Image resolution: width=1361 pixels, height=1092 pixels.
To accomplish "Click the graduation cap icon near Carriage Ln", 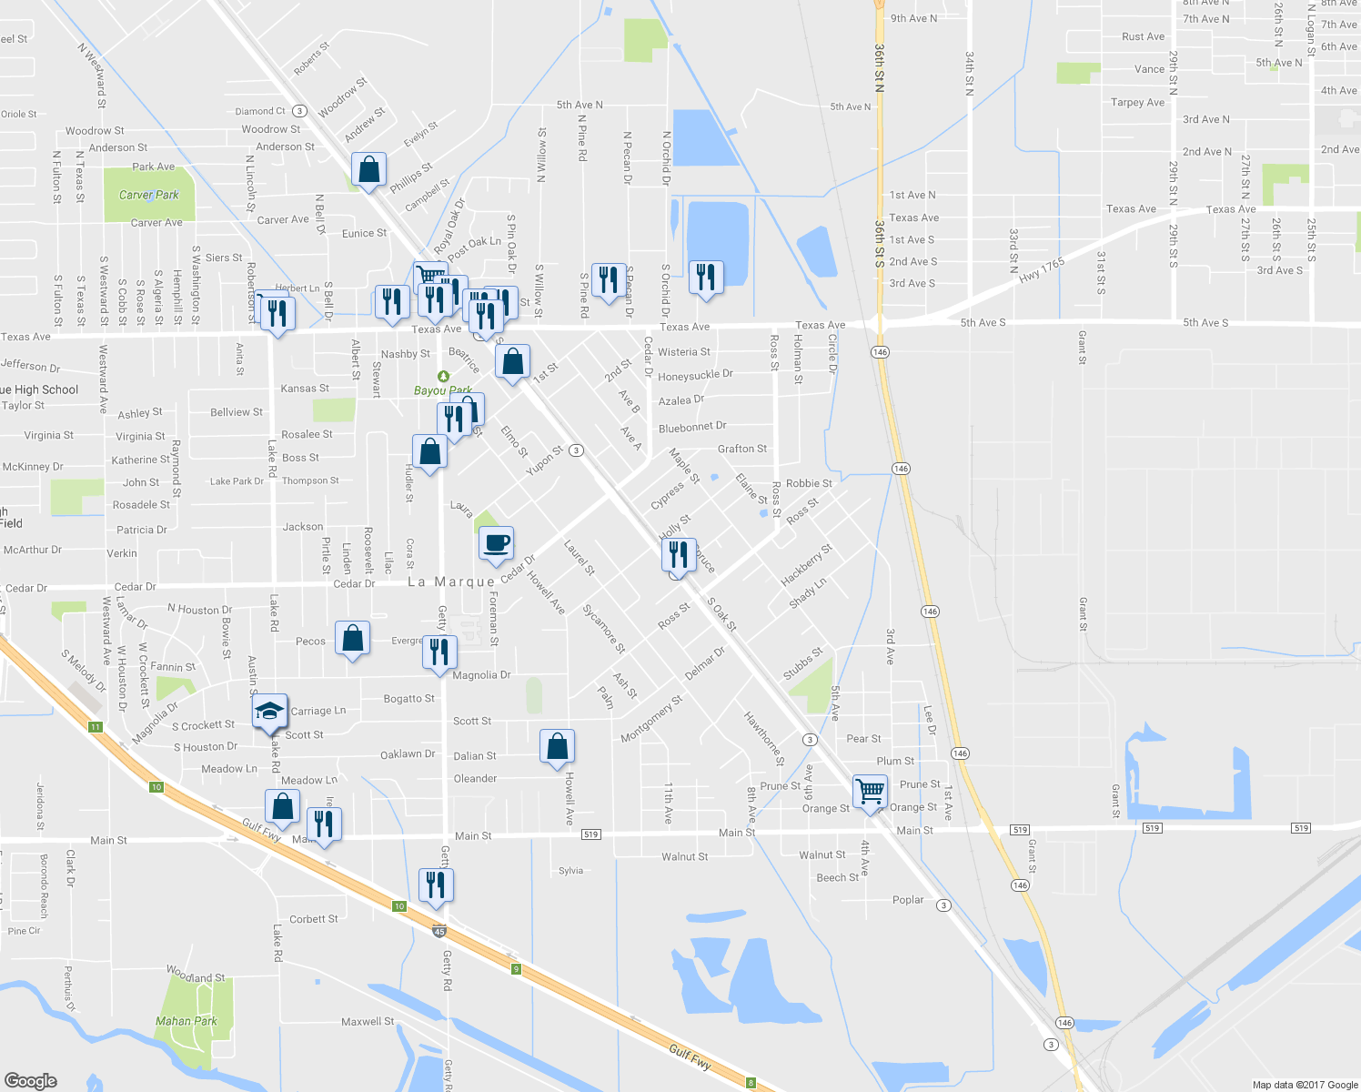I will [270, 712].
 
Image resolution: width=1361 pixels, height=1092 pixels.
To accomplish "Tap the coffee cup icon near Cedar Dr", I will [497, 544].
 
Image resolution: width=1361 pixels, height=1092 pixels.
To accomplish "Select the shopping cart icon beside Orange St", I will [870, 792].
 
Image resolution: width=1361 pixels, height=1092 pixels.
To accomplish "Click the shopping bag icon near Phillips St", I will [368, 170].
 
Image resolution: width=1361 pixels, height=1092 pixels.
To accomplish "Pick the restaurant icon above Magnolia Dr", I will [439, 652].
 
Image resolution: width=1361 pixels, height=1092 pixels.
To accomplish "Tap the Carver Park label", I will [149, 195].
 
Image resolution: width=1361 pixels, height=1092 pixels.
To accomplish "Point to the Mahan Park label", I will [186, 1021].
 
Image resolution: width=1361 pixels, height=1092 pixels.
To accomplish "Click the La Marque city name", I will [451, 582].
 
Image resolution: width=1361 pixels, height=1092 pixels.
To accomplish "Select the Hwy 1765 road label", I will [1042, 270].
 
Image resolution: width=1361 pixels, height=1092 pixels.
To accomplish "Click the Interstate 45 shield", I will [440, 931].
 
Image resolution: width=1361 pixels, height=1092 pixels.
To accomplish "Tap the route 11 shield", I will [96, 727].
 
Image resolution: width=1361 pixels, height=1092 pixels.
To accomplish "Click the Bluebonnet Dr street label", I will [692, 427].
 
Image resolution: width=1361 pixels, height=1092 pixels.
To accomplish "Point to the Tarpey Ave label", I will [1137, 103].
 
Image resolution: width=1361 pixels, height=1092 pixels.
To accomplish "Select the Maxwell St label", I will [368, 1022].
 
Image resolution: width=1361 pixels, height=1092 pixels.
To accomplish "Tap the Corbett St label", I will [313, 919].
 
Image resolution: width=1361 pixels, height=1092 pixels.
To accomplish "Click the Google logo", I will [31, 1081].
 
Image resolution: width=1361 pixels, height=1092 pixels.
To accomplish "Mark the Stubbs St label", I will [802, 664].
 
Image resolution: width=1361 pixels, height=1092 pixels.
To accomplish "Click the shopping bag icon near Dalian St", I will [558, 746].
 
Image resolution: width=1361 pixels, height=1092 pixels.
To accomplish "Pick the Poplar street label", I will [908, 900].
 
